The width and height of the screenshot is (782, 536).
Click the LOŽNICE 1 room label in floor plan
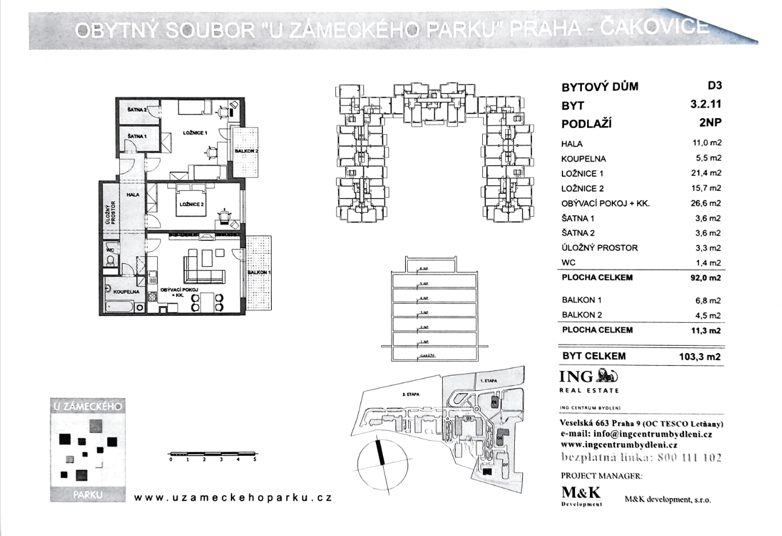(x=195, y=133)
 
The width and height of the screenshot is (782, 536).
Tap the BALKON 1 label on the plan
(x=259, y=272)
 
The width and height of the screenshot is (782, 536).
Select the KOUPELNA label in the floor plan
(x=126, y=292)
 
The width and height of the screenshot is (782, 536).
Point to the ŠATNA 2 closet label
(x=136, y=109)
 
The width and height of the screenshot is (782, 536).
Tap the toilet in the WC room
(x=110, y=261)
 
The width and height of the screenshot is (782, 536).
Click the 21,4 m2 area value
(x=706, y=173)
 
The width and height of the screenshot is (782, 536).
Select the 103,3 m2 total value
(x=699, y=357)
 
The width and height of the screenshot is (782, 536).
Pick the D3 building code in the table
(x=714, y=85)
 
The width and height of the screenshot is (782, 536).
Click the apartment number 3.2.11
(x=706, y=104)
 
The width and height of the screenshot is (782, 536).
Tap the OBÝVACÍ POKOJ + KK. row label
(x=605, y=204)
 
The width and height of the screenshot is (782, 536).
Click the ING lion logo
(x=607, y=376)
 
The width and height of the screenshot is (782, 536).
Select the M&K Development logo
(x=581, y=495)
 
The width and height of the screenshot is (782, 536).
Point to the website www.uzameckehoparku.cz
(x=233, y=498)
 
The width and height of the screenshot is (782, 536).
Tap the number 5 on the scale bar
(x=255, y=459)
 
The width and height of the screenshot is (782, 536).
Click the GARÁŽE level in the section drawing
(x=427, y=356)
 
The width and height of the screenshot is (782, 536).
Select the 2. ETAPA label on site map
(x=410, y=394)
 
